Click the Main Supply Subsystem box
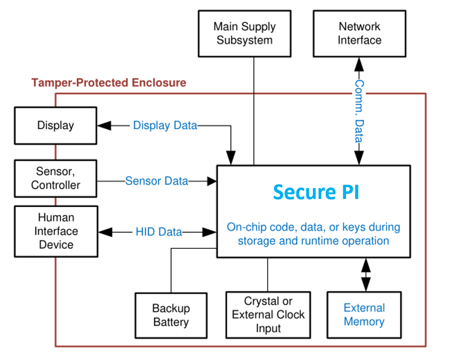click(244, 34)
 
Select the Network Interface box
click(359, 34)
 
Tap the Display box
click(56, 126)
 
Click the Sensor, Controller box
click(56, 179)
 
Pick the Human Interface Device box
click(56, 231)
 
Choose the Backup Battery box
click(171, 315)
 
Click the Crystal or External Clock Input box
click(268, 314)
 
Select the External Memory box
click(364, 314)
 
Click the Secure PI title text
click(316, 192)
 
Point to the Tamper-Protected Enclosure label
click(109, 83)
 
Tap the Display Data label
click(165, 126)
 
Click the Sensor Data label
click(156, 181)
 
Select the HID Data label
click(159, 232)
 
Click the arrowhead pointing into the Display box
click(104, 126)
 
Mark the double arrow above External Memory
click(366, 275)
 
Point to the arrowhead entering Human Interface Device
click(105, 232)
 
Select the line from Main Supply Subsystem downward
click(254, 109)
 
